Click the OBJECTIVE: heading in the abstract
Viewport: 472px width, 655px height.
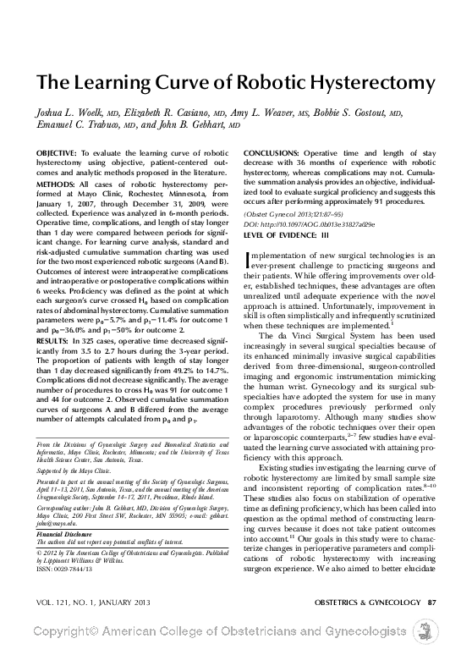(x=59, y=153)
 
